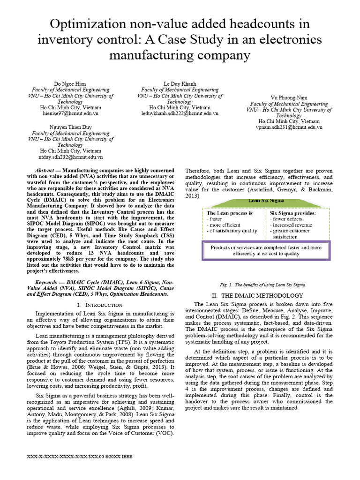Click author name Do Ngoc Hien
click(70, 83)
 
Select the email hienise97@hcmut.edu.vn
click(70, 113)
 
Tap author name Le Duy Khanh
click(180, 83)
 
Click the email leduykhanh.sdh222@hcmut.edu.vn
click(180, 113)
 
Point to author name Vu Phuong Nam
click(289, 97)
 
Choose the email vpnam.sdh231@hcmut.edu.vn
click(289, 127)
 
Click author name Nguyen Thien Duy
click(70, 127)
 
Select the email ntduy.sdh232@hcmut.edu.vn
click(70, 157)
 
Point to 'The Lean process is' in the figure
click(230, 213)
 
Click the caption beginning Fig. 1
click(262, 285)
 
